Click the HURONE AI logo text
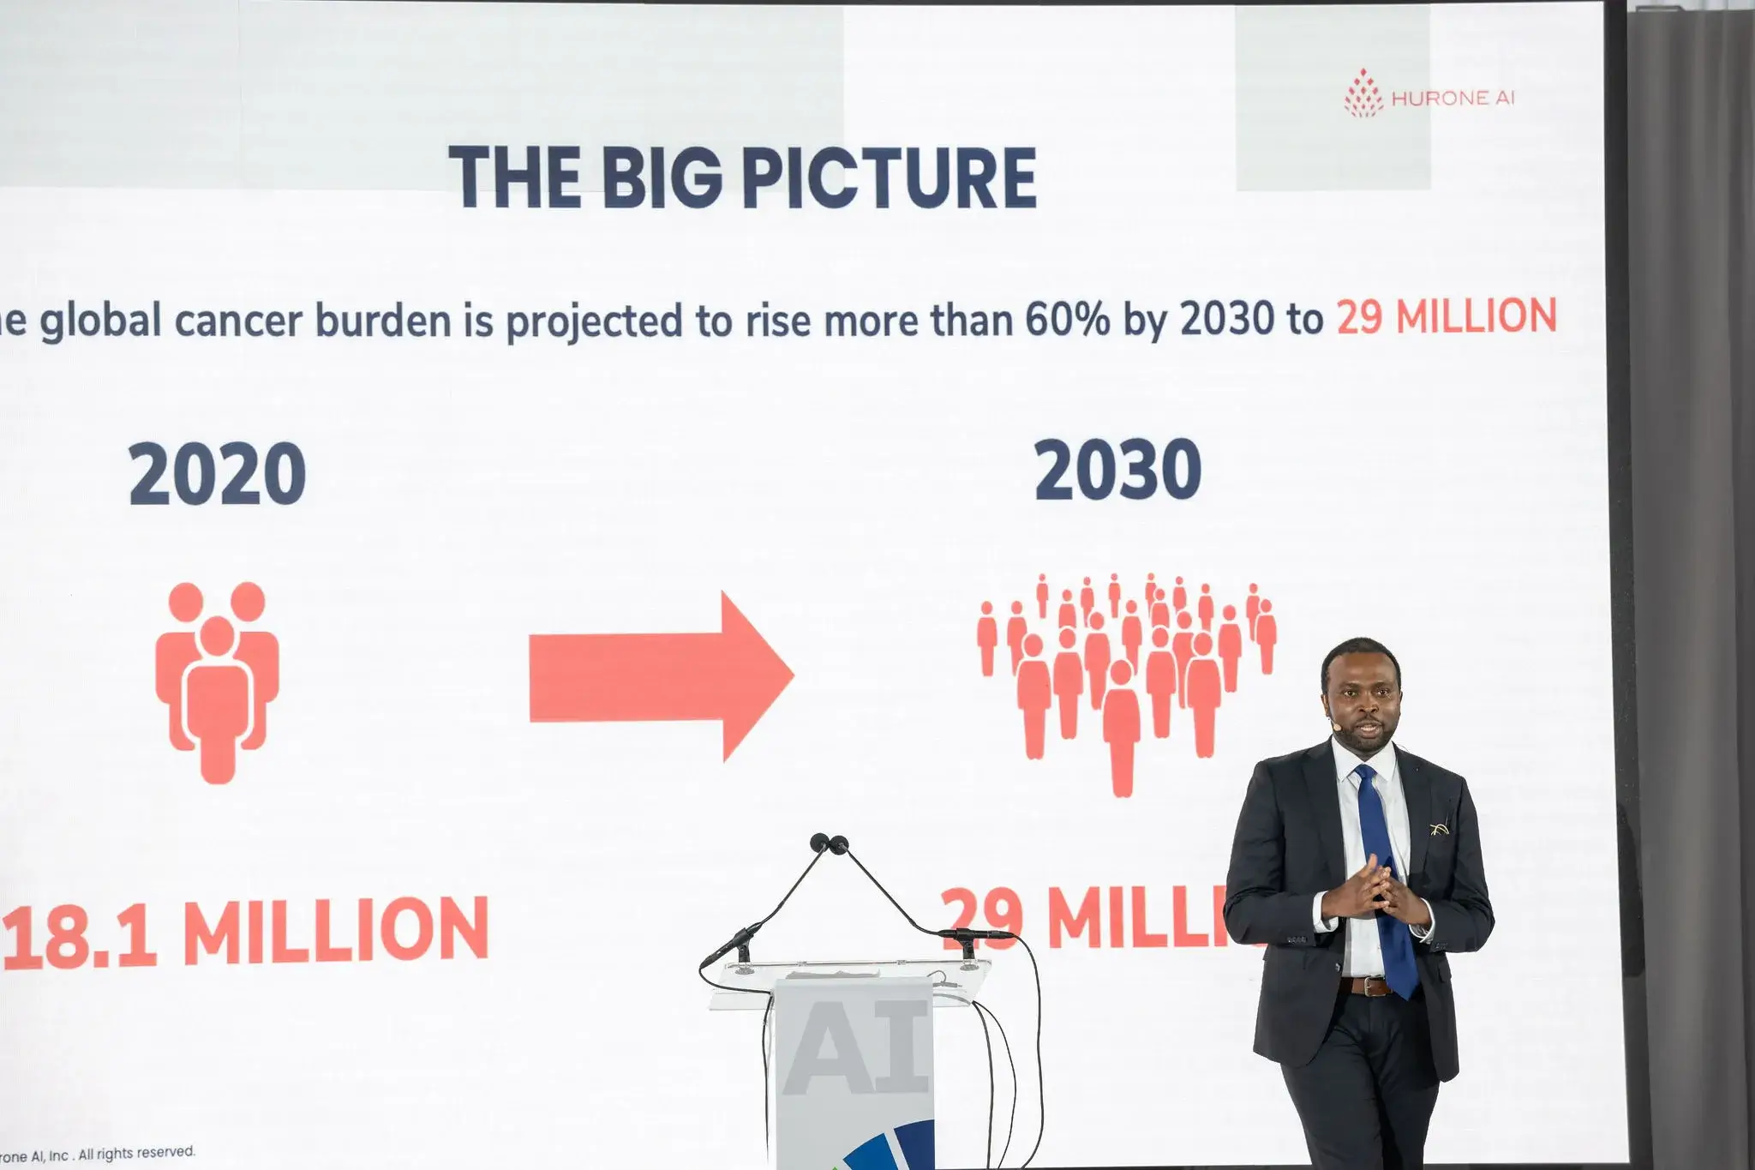coord(1452,99)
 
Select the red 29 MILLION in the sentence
coord(1447,317)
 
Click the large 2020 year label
coord(218,474)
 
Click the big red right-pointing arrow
coord(660,675)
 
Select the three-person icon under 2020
coord(217,681)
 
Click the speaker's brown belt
coord(1366,986)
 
